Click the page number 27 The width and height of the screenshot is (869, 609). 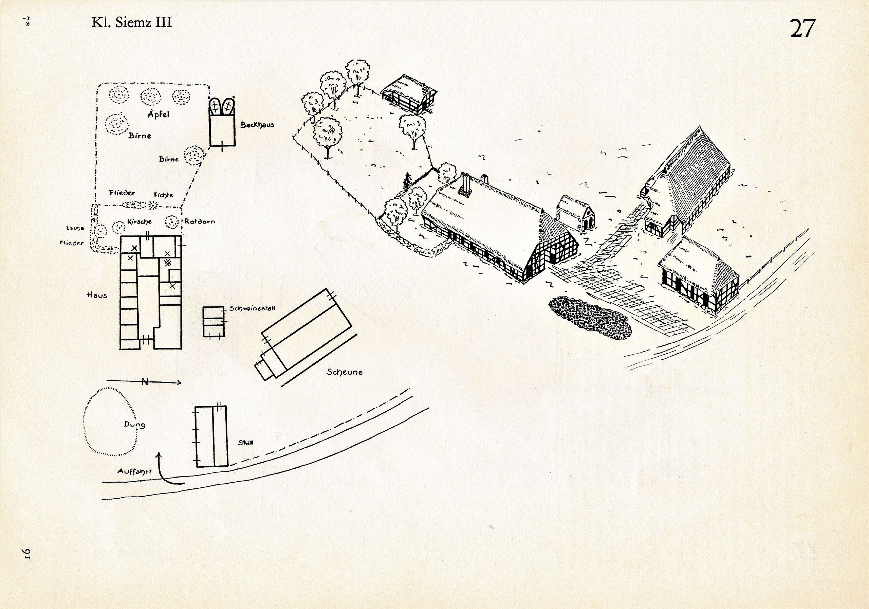(x=802, y=28)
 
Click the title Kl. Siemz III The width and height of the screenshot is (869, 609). (x=131, y=22)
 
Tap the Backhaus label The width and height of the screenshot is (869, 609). (x=257, y=125)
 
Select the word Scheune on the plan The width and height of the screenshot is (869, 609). (x=345, y=372)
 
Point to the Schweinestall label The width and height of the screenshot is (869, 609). (x=252, y=309)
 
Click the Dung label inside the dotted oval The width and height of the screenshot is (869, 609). (x=134, y=425)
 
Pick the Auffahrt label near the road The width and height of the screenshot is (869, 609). (x=134, y=471)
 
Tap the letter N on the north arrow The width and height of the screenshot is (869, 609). (x=144, y=382)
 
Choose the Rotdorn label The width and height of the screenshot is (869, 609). (x=200, y=221)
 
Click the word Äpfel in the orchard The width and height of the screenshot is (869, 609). (x=159, y=114)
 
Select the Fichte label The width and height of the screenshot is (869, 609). (x=164, y=195)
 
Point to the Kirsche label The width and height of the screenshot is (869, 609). (x=139, y=221)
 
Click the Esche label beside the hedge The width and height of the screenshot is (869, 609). (x=75, y=228)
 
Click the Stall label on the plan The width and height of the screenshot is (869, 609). (x=246, y=443)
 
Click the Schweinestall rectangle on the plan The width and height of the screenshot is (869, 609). (x=214, y=322)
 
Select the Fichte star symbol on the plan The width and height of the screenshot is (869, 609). (x=153, y=205)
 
